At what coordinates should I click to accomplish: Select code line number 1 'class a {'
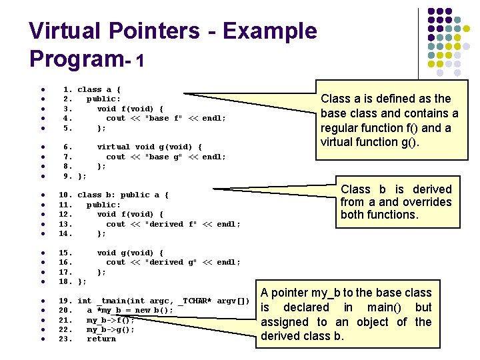[x=99, y=89]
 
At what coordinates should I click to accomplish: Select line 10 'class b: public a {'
[x=123, y=195]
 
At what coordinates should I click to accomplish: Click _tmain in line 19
[x=111, y=301]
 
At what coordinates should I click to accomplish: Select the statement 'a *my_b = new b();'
[x=130, y=310]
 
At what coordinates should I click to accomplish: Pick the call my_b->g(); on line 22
[x=111, y=329]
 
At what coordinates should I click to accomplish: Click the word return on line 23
[x=101, y=339]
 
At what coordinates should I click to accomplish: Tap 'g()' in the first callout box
[x=407, y=141]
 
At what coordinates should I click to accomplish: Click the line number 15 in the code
[x=66, y=253]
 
